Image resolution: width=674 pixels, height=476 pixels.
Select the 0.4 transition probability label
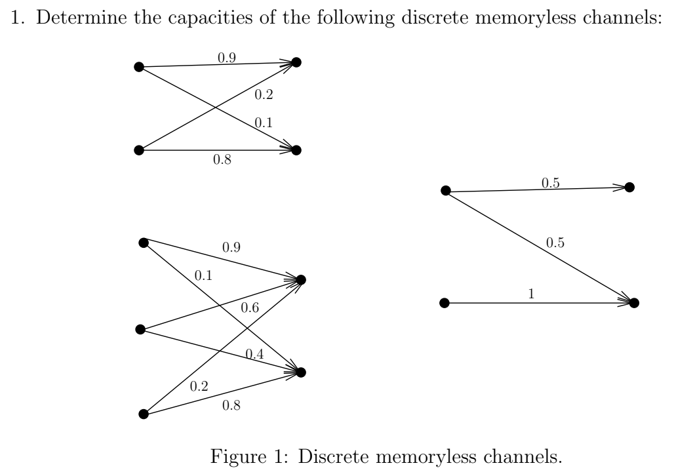(254, 354)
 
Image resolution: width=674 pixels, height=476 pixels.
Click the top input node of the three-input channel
(144, 243)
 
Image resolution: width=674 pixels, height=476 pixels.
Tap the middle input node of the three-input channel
(140, 329)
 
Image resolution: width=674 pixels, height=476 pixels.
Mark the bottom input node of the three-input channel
(143, 414)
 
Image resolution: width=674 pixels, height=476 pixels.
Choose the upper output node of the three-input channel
(301, 280)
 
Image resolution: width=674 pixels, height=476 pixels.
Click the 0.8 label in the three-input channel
(231, 406)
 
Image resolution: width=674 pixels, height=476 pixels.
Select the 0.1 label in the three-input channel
(203, 276)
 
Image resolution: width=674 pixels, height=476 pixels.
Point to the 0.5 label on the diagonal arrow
(555, 243)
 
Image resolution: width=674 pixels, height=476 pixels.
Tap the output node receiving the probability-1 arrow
(633, 303)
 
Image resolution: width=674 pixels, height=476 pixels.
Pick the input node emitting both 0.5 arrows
(445, 191)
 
